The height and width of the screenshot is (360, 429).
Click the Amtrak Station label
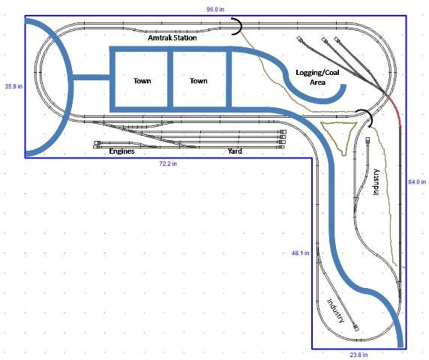pos(172,37)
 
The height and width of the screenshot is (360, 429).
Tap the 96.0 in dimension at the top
pos(215,9)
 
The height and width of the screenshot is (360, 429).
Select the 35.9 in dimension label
pos(13,86)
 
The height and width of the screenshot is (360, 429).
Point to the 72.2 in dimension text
pos(168,163)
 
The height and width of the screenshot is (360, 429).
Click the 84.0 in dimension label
pos(417,181)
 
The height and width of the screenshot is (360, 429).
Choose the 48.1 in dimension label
pos(301,253)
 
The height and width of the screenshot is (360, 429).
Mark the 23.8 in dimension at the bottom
pos(358,355)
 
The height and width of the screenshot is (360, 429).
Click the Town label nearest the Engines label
pos(142,81)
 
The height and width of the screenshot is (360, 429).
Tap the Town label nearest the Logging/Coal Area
pos(199,81)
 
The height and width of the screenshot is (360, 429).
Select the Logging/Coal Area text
pos(317,77)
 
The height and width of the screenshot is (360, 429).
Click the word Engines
pos(121,151)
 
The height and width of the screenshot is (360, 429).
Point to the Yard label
pos(235,151)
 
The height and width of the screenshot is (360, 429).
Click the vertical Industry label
pos(376,182)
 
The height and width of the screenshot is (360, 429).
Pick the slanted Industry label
pos(336,310)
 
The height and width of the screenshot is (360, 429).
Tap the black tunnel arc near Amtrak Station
pos(238,26)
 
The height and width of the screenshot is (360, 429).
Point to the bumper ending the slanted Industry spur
pos(356,328)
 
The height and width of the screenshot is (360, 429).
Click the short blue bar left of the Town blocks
pos(91,77)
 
